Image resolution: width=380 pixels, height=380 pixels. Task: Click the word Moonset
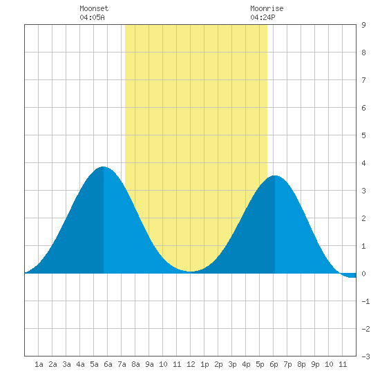tap(94, 8)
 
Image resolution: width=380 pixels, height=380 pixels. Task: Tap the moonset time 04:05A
tap(92, 17)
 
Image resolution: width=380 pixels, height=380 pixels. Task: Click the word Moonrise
tap(267, 8)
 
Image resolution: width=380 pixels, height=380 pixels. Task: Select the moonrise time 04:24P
tap(263, 17)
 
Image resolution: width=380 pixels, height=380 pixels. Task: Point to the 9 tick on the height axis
tap(363, 25)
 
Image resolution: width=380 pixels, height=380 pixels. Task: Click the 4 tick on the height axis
tap(363, 163)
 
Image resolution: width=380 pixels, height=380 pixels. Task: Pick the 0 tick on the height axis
tap(363, 274)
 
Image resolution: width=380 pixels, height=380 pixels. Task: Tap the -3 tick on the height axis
tap(365, 357)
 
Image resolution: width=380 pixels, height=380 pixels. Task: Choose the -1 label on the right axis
tap(365, 301)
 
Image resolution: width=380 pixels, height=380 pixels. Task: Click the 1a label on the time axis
tap(39, 364)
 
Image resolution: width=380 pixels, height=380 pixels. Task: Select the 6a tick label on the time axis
tap(108, 364)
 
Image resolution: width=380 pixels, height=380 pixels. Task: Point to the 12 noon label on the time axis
tap(191, 364)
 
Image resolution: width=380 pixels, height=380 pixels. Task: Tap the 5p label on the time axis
tap(260, 364)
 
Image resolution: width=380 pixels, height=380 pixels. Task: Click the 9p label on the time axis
tap(315, 364)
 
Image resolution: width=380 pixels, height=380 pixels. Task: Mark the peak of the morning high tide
tap(103, 167)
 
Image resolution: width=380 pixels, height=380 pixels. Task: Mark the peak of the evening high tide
tap(274, 175)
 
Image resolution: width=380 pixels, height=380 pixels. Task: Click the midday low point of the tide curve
tap(191, 272)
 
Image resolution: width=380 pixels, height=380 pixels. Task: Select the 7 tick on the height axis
tap(363, 80)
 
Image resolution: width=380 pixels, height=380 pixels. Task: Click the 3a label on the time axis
tap(66, 364)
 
